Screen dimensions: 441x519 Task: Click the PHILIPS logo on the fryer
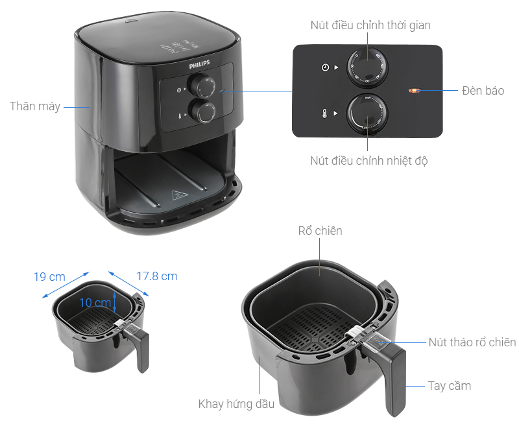click(x=201, y=66)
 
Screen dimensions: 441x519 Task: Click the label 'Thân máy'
click(x=34, y=106)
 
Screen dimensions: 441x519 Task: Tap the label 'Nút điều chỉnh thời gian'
click(x=370, y=25)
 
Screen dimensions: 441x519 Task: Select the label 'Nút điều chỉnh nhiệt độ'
click(x=368, y=160)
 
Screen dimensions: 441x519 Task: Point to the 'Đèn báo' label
click(x=483, y=90)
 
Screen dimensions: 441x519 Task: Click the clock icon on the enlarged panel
click(x=325, y=67)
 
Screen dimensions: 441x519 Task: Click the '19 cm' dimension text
click(x=49, y=277)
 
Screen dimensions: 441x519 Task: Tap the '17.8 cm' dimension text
click(x=156, y=276)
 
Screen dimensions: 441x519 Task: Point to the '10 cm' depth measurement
click(x=95, y=302)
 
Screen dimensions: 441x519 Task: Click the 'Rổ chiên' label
click(x=320, y=230)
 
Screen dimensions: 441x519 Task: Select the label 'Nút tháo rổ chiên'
click(x=472, y=342)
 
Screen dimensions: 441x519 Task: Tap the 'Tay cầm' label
click(x=449, y=386)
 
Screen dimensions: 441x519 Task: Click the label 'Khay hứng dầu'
click(x=236, y=404)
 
